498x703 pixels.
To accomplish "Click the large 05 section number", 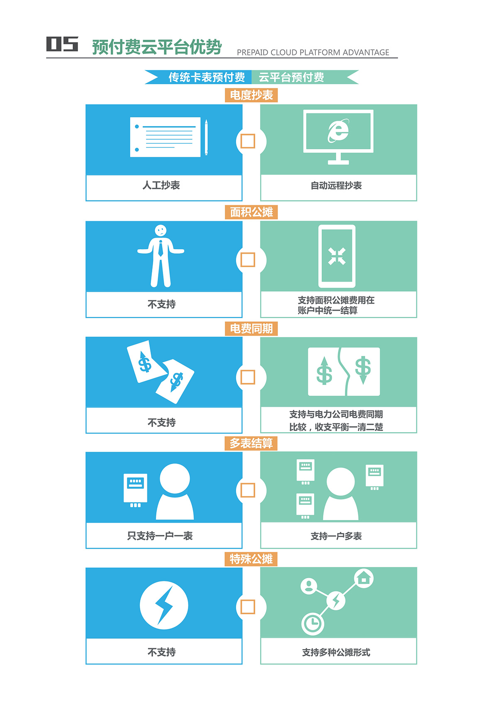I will [x=62, y=44].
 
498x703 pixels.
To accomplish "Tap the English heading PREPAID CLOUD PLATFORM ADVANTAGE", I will [x=313, y=52].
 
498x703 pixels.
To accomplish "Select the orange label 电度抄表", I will [x=251, y=95].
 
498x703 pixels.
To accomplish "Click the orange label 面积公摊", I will [x=251, y=212].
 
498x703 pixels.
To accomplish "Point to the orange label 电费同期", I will [x=251, y=329].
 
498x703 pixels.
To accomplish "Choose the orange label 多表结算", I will [x=251, y=443].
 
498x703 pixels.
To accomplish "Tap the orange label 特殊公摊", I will [x=251, y=559].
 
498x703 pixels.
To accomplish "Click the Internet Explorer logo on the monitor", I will [x=338, y=131].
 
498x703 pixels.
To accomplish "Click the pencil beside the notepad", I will [x=206, y=137].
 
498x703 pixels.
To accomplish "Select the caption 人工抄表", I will [x=161, y=185].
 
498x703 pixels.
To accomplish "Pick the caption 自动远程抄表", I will [x=336, y=185].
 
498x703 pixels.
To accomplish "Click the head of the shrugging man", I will [x=161, y=230].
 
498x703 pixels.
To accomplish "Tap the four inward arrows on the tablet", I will [x=337, y=256].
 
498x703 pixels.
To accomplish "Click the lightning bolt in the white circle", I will [x=164, y=605].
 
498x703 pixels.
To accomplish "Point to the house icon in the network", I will [x=364, y=578].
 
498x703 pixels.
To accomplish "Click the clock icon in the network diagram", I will [x=312, y=623].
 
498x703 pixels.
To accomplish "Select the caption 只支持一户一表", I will [x=160, y=536].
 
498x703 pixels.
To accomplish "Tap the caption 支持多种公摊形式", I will [x=336, y=652].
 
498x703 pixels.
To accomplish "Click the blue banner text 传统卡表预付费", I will [x=207, y=77].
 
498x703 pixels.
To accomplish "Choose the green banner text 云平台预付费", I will [x=291, y=77].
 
